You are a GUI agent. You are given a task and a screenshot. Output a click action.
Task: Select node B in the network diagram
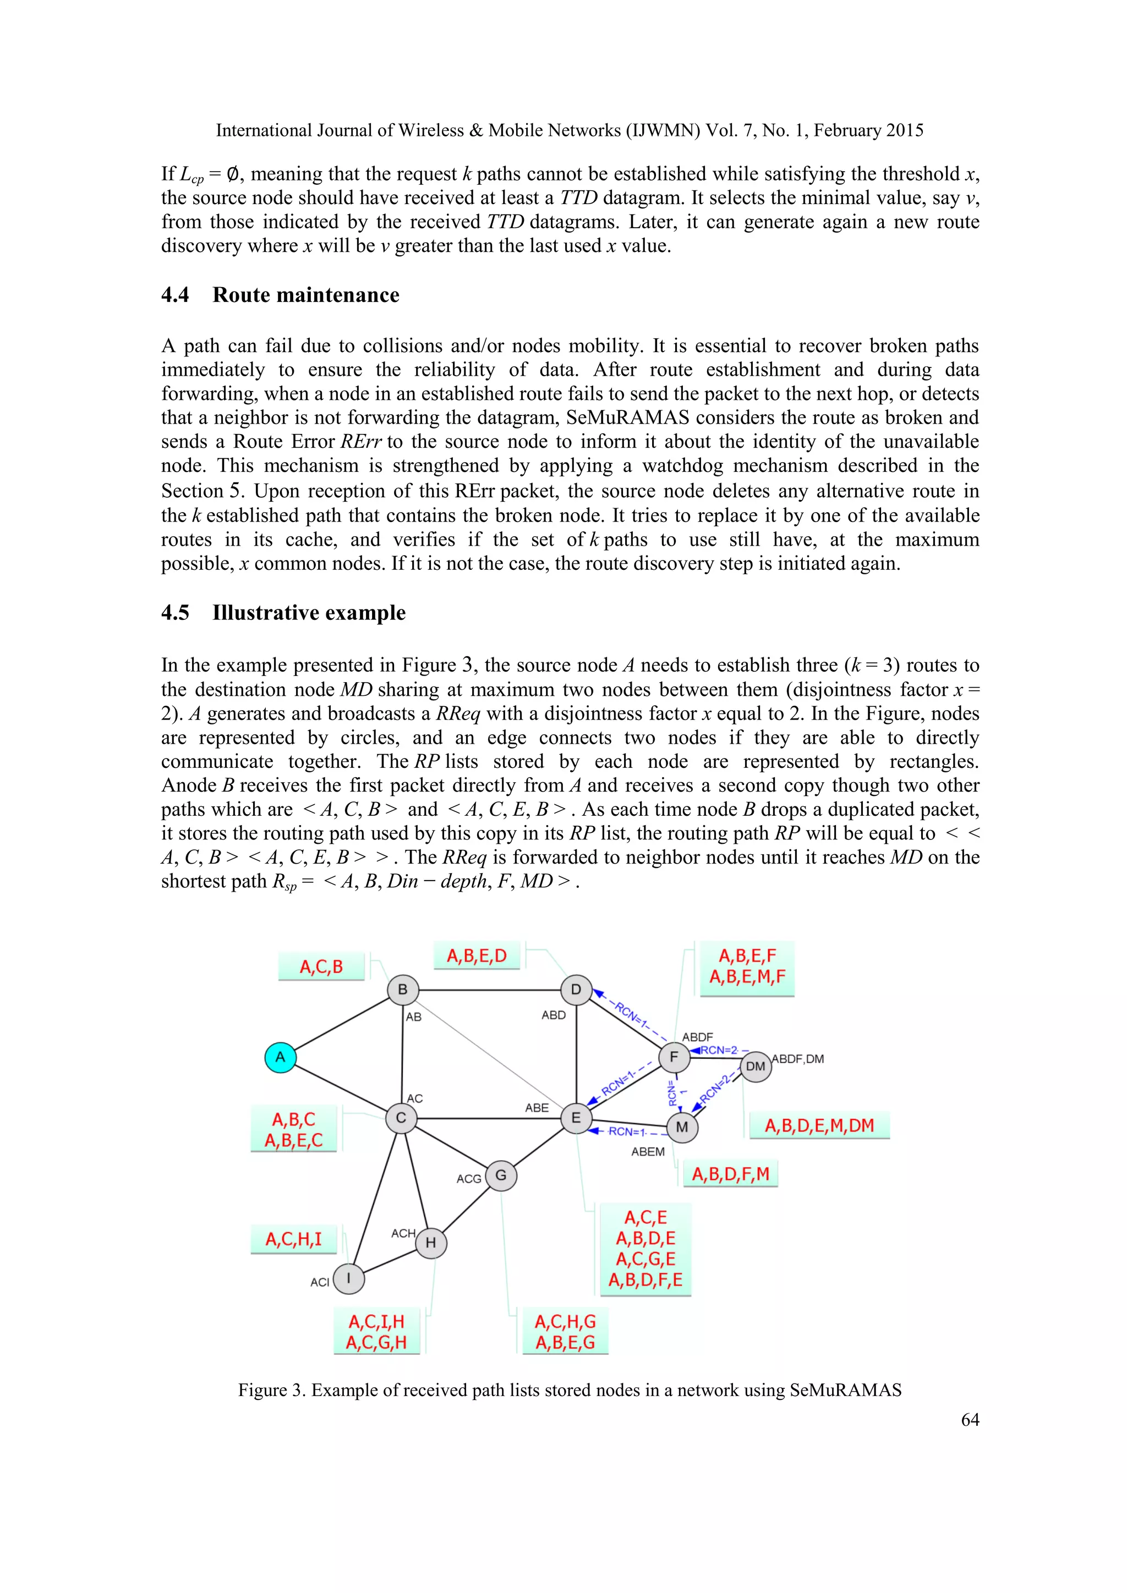402,990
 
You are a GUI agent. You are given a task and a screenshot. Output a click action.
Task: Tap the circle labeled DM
755,1067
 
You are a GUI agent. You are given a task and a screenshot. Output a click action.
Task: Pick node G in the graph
501,1176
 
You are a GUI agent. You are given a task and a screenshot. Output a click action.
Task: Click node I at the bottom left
348,1278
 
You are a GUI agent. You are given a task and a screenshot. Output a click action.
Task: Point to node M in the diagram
682,1127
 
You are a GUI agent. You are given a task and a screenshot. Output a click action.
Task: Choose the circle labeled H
431,1243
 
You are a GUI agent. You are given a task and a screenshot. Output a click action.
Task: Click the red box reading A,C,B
321,966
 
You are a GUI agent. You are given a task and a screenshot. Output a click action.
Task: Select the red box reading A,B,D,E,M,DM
819,1125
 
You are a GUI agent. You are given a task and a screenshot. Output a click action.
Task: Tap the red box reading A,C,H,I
293,1239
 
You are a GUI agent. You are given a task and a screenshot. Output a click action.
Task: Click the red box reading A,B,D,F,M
731,1174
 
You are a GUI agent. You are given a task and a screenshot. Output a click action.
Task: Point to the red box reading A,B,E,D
477,956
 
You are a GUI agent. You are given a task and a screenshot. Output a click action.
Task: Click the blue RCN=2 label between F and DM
719,1050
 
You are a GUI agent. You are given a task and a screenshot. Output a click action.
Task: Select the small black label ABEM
648,1152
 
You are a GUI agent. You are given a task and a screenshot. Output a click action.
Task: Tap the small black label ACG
468,1179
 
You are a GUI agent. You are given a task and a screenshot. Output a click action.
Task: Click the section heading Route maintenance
305,295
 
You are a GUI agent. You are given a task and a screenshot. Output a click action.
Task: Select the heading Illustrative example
309,613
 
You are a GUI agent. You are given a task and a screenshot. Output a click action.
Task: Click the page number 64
970,1420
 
